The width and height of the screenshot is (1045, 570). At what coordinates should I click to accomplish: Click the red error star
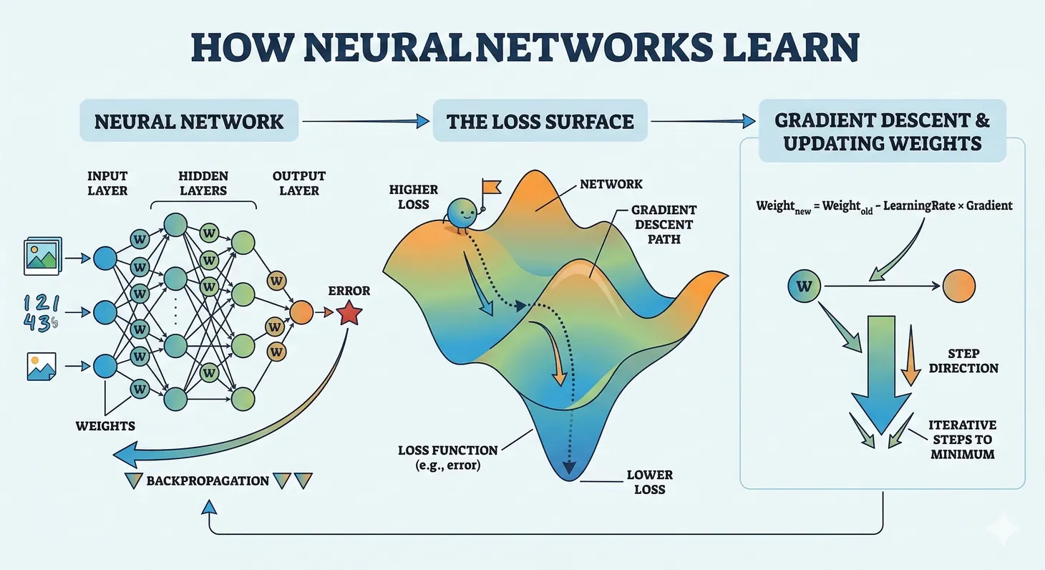[x=348, y=313]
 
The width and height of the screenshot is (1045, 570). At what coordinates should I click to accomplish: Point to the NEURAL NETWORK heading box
[x=189, y=120]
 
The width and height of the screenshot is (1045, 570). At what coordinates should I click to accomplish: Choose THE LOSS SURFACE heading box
[x=540, y=120]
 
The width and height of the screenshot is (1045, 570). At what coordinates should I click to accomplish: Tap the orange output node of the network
[x=301, y=312]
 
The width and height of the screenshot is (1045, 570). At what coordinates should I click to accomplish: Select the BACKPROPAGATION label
[x=208, y=480]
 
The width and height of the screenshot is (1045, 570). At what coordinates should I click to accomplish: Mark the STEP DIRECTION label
[x=963, y=361]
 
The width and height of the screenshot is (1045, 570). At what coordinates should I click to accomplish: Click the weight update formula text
[x=884, y=206]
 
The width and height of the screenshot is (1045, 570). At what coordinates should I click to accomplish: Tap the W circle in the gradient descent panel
[x=805, y=287]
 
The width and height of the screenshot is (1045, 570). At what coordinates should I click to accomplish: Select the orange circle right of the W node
[x=958, y=287]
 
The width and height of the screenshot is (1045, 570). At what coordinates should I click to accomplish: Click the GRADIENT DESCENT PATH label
[x=664, y=224]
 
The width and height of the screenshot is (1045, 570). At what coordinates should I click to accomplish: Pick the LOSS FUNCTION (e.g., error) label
[x=447, y=458]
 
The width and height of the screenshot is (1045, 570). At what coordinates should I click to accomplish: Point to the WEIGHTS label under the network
[x=105, y=426]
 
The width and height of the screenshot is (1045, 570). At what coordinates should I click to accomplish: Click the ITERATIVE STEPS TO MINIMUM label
[x=963, y=439]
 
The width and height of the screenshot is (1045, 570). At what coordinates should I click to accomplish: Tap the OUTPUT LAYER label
[x=298, y=183]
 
